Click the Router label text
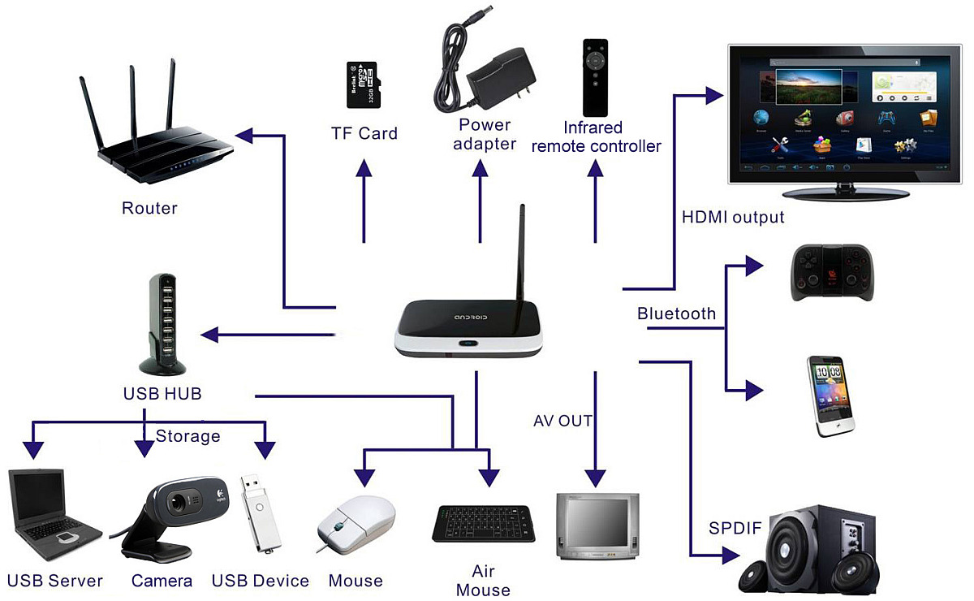click(149, 209)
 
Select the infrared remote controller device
click(596, 77)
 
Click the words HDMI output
click(733, 218)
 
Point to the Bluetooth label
click(676, 313)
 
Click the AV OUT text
click(562, 421)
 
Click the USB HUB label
click(162, 394)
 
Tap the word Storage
click(187, 436)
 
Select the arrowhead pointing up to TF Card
click(364, 167)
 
